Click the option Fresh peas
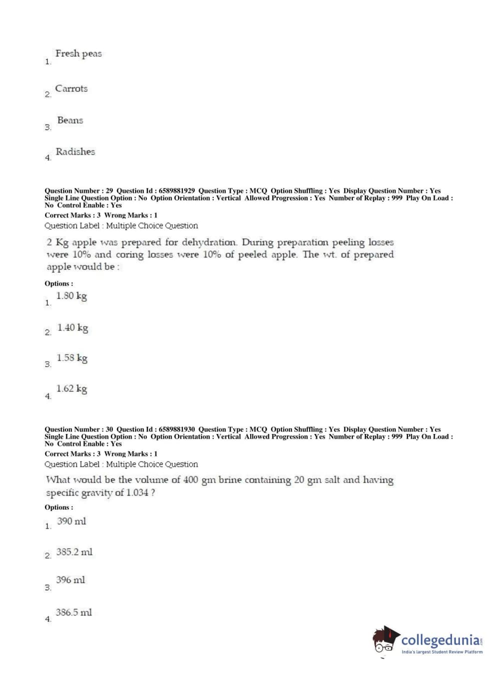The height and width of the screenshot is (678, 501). pyautogui.click(x=78, y=53)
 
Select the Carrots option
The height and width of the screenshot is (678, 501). pyautogui.click(x=71, y=88)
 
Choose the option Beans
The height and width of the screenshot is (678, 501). pyautogui.click(x=70, y=120)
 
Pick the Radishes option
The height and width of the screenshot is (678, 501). pyautogui.click(x=75, y=151)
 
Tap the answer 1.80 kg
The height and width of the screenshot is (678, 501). pyautogui.click(x=71, y=296)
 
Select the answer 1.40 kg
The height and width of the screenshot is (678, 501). pyautogui.click(x=73, y=328)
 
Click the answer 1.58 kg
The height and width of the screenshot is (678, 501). pyautogui.click(x=72, y=358)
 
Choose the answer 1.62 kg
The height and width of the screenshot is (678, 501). pyautogui.click(x=72, y=389)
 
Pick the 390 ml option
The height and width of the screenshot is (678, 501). pyautogui.click(x=71, y=521)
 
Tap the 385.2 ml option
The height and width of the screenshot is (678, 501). pyautogui.click(x=74, y=552)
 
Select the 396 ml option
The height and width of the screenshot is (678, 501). pyautogui.click(x=71, y=580)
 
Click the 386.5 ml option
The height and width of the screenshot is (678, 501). pyautogui.click(x=74, y=612)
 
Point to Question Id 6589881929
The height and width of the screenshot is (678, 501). pyautogui.click(x=176, y=190)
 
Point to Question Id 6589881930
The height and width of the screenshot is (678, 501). pyautogui.click(x=176, y=429)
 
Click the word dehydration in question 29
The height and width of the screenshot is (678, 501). pyautogui.click(x=209, y=242)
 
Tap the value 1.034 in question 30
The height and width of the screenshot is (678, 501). pyautogui.click(x=137, y=492)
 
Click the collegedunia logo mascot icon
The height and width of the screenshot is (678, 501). pyautogui.click(x=385, y=640)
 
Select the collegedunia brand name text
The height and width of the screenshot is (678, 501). pyautogui.click(x=440, y=640)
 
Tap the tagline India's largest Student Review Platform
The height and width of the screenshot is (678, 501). pyautogui.click(x=442, y=652)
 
